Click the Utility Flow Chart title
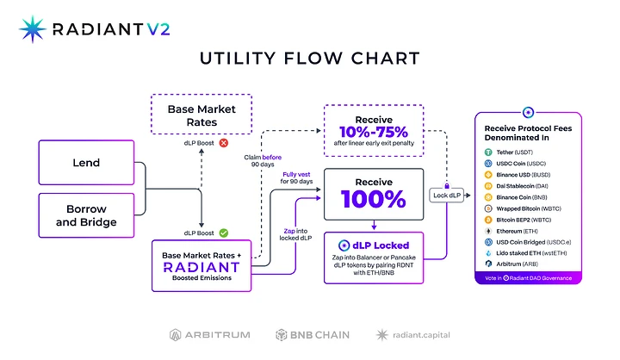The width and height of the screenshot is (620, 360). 310,59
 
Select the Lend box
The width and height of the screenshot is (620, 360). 85,162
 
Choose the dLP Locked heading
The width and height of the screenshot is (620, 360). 374,245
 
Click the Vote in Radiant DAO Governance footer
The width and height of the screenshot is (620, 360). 526,277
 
